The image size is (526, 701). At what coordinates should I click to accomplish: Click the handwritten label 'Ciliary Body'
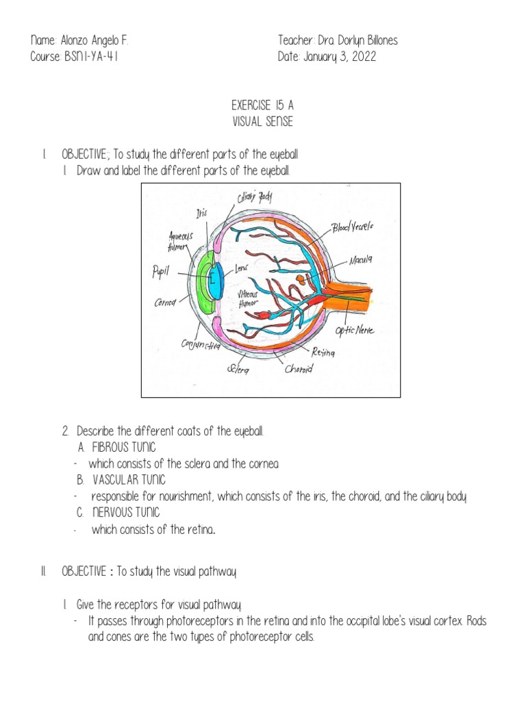pyautogui.click(x=255, y=199)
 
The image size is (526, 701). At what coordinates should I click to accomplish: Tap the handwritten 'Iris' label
pyautogui.click(x=201, y=214)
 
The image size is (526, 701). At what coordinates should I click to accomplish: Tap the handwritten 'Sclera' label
pyautogui.click(x=238, y=370)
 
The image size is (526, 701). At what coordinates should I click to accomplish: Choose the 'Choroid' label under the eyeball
pyautogui.click(x=299, y=370)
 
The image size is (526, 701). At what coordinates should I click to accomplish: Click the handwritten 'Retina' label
pyautogui.click(x=323, y=353)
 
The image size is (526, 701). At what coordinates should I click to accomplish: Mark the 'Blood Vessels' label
pyautogui.click(x=353, y=227)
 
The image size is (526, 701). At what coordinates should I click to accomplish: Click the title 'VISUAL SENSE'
pyautogui.click(x=263, y=122)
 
